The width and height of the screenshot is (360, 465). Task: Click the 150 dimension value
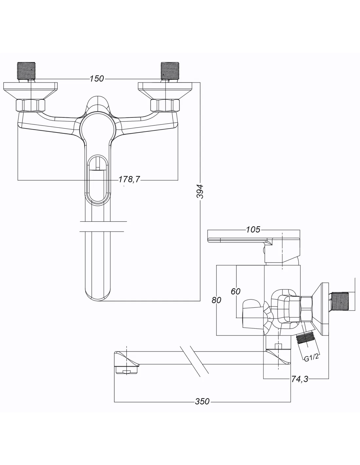click(x=97, y=79)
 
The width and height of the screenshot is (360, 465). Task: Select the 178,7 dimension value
click(x=129, y=179)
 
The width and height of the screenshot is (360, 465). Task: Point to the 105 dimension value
click(x=253, y=230)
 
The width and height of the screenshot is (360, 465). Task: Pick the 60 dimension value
click(x=236, y=291)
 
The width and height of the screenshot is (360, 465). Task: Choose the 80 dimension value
click(x=216, y=300)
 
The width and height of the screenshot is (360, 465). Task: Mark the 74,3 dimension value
click(x=299, y=379)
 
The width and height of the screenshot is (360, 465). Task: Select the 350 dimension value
click(x=202, y=402)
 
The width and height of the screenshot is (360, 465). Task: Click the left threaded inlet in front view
click(x=26, y=71)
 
